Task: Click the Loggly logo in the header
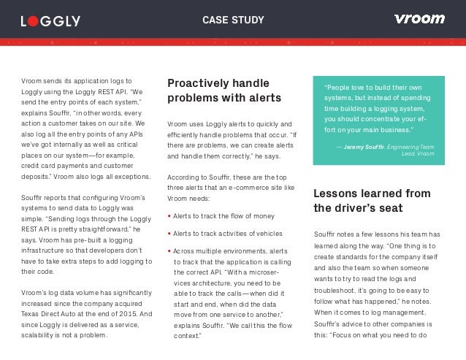[50, 20]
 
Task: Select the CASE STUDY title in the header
[233, 20]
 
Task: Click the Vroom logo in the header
[419, 19]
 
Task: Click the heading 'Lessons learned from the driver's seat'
[371, 200]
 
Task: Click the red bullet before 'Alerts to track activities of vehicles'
[169, 234]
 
